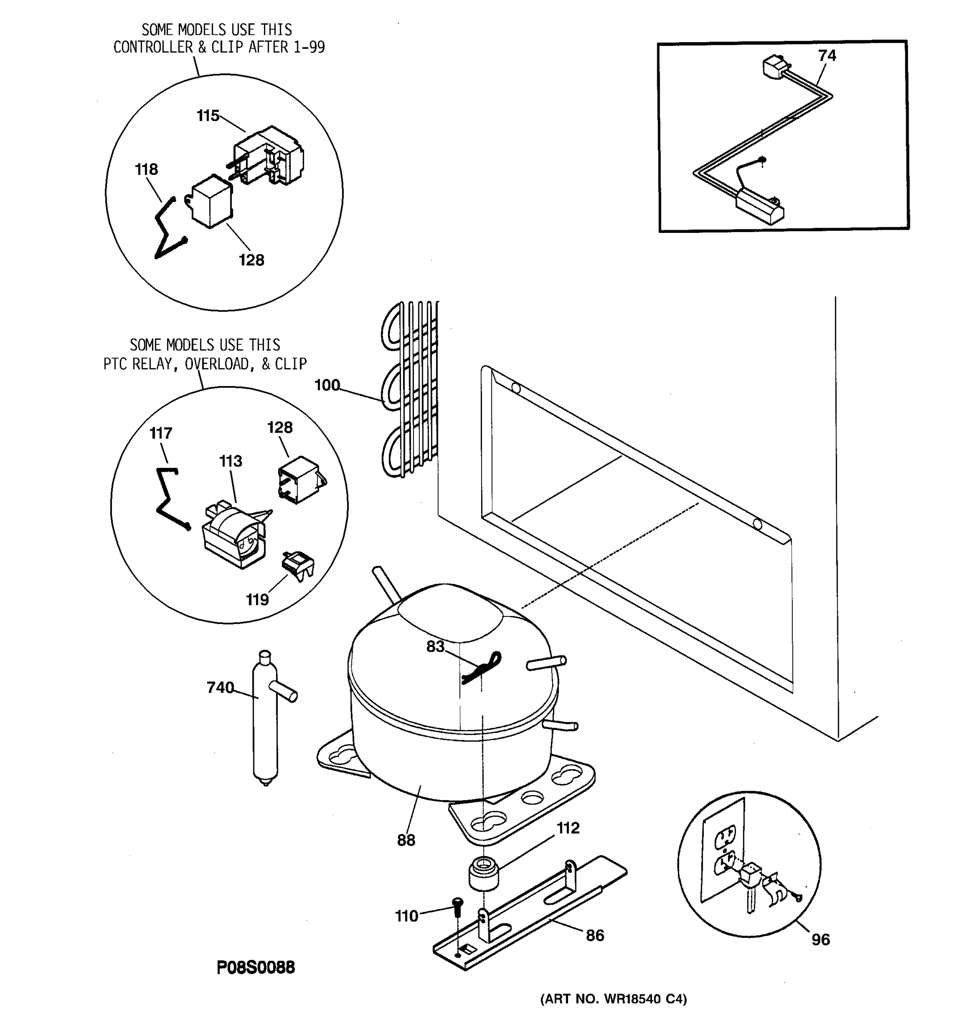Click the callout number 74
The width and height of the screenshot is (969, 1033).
click(x=826, y=56)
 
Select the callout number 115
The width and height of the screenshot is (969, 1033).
click(x=208, y=115)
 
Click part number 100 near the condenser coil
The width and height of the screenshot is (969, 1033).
click(x=326, y=385)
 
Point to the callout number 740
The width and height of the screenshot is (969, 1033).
click(x=220, y=687)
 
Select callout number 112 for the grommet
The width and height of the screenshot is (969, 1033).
click(x=568, y=828)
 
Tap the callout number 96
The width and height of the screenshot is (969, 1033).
click(x=820, y=940)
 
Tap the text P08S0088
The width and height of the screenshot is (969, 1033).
click(x=255, y=968)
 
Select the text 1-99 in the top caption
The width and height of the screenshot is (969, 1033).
click(x=309, y=47)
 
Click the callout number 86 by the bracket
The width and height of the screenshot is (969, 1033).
click(x=595, y=936)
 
